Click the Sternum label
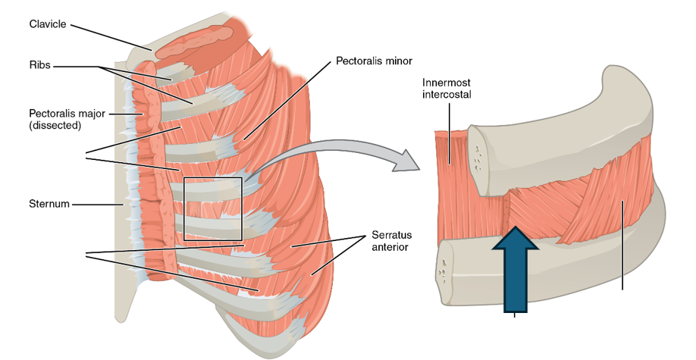coord(49,204)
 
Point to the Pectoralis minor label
coord(374,59)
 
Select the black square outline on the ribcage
coord(213,208)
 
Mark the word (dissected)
coord(55,126)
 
